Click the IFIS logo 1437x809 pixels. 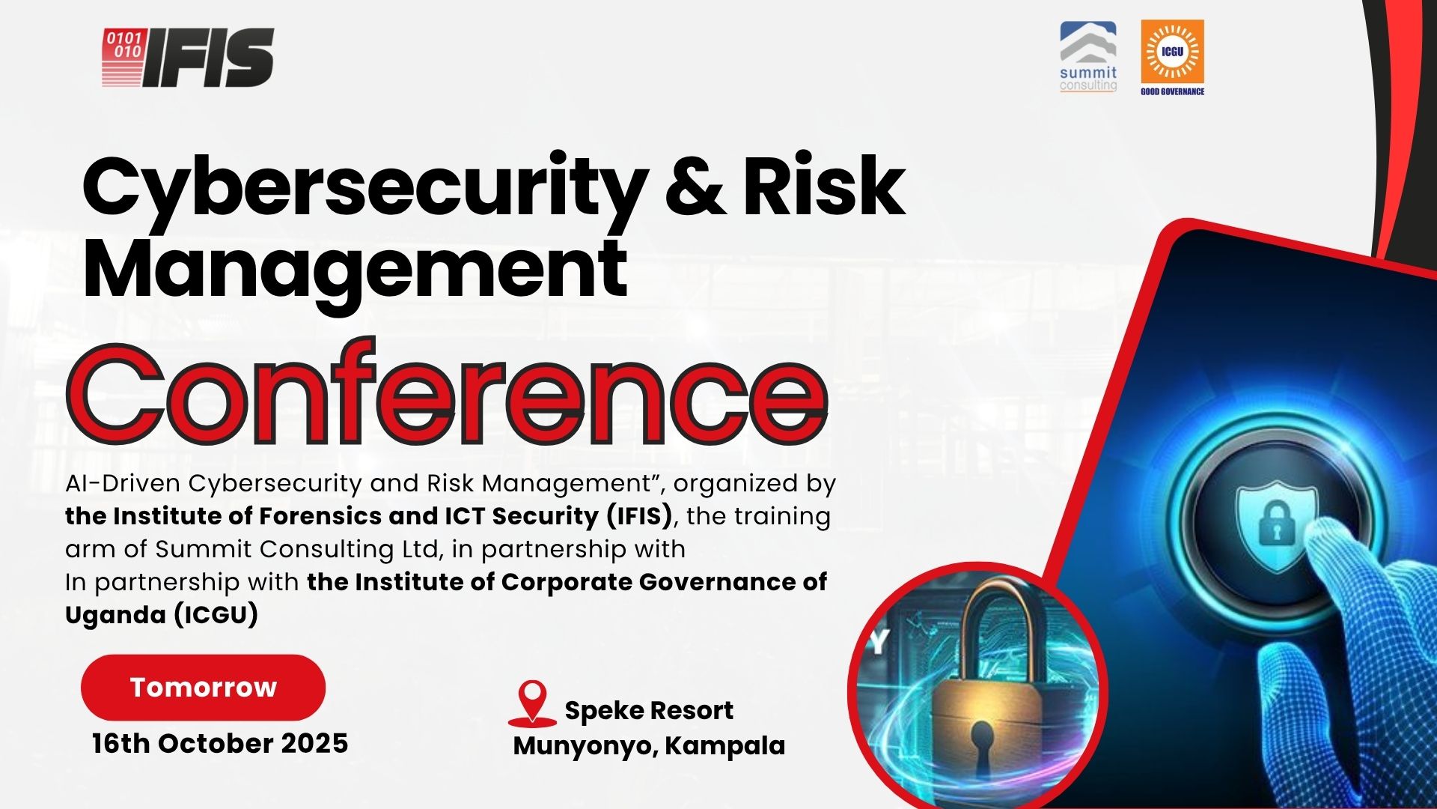188,58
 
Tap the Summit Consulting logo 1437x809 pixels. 1088,57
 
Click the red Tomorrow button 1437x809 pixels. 203,687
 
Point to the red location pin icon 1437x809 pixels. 532,703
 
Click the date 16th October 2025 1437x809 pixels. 220,743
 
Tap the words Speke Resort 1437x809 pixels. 649,710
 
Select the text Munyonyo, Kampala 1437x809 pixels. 649,745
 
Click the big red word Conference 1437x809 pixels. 447,393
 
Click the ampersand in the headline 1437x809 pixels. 695,184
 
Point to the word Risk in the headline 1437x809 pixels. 824,184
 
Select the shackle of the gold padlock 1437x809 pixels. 994,628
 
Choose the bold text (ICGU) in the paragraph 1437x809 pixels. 216,615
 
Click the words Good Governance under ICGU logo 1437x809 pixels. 1172,91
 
